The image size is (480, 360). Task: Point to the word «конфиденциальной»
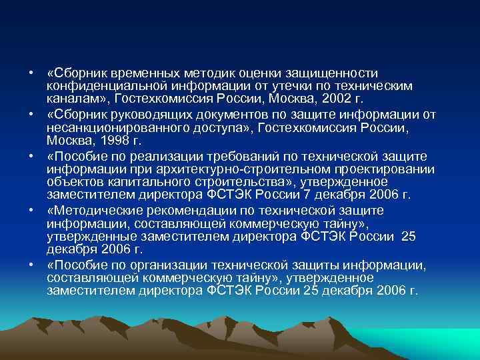(x=97, y=86)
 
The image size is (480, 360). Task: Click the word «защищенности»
(x=327, y=73)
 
